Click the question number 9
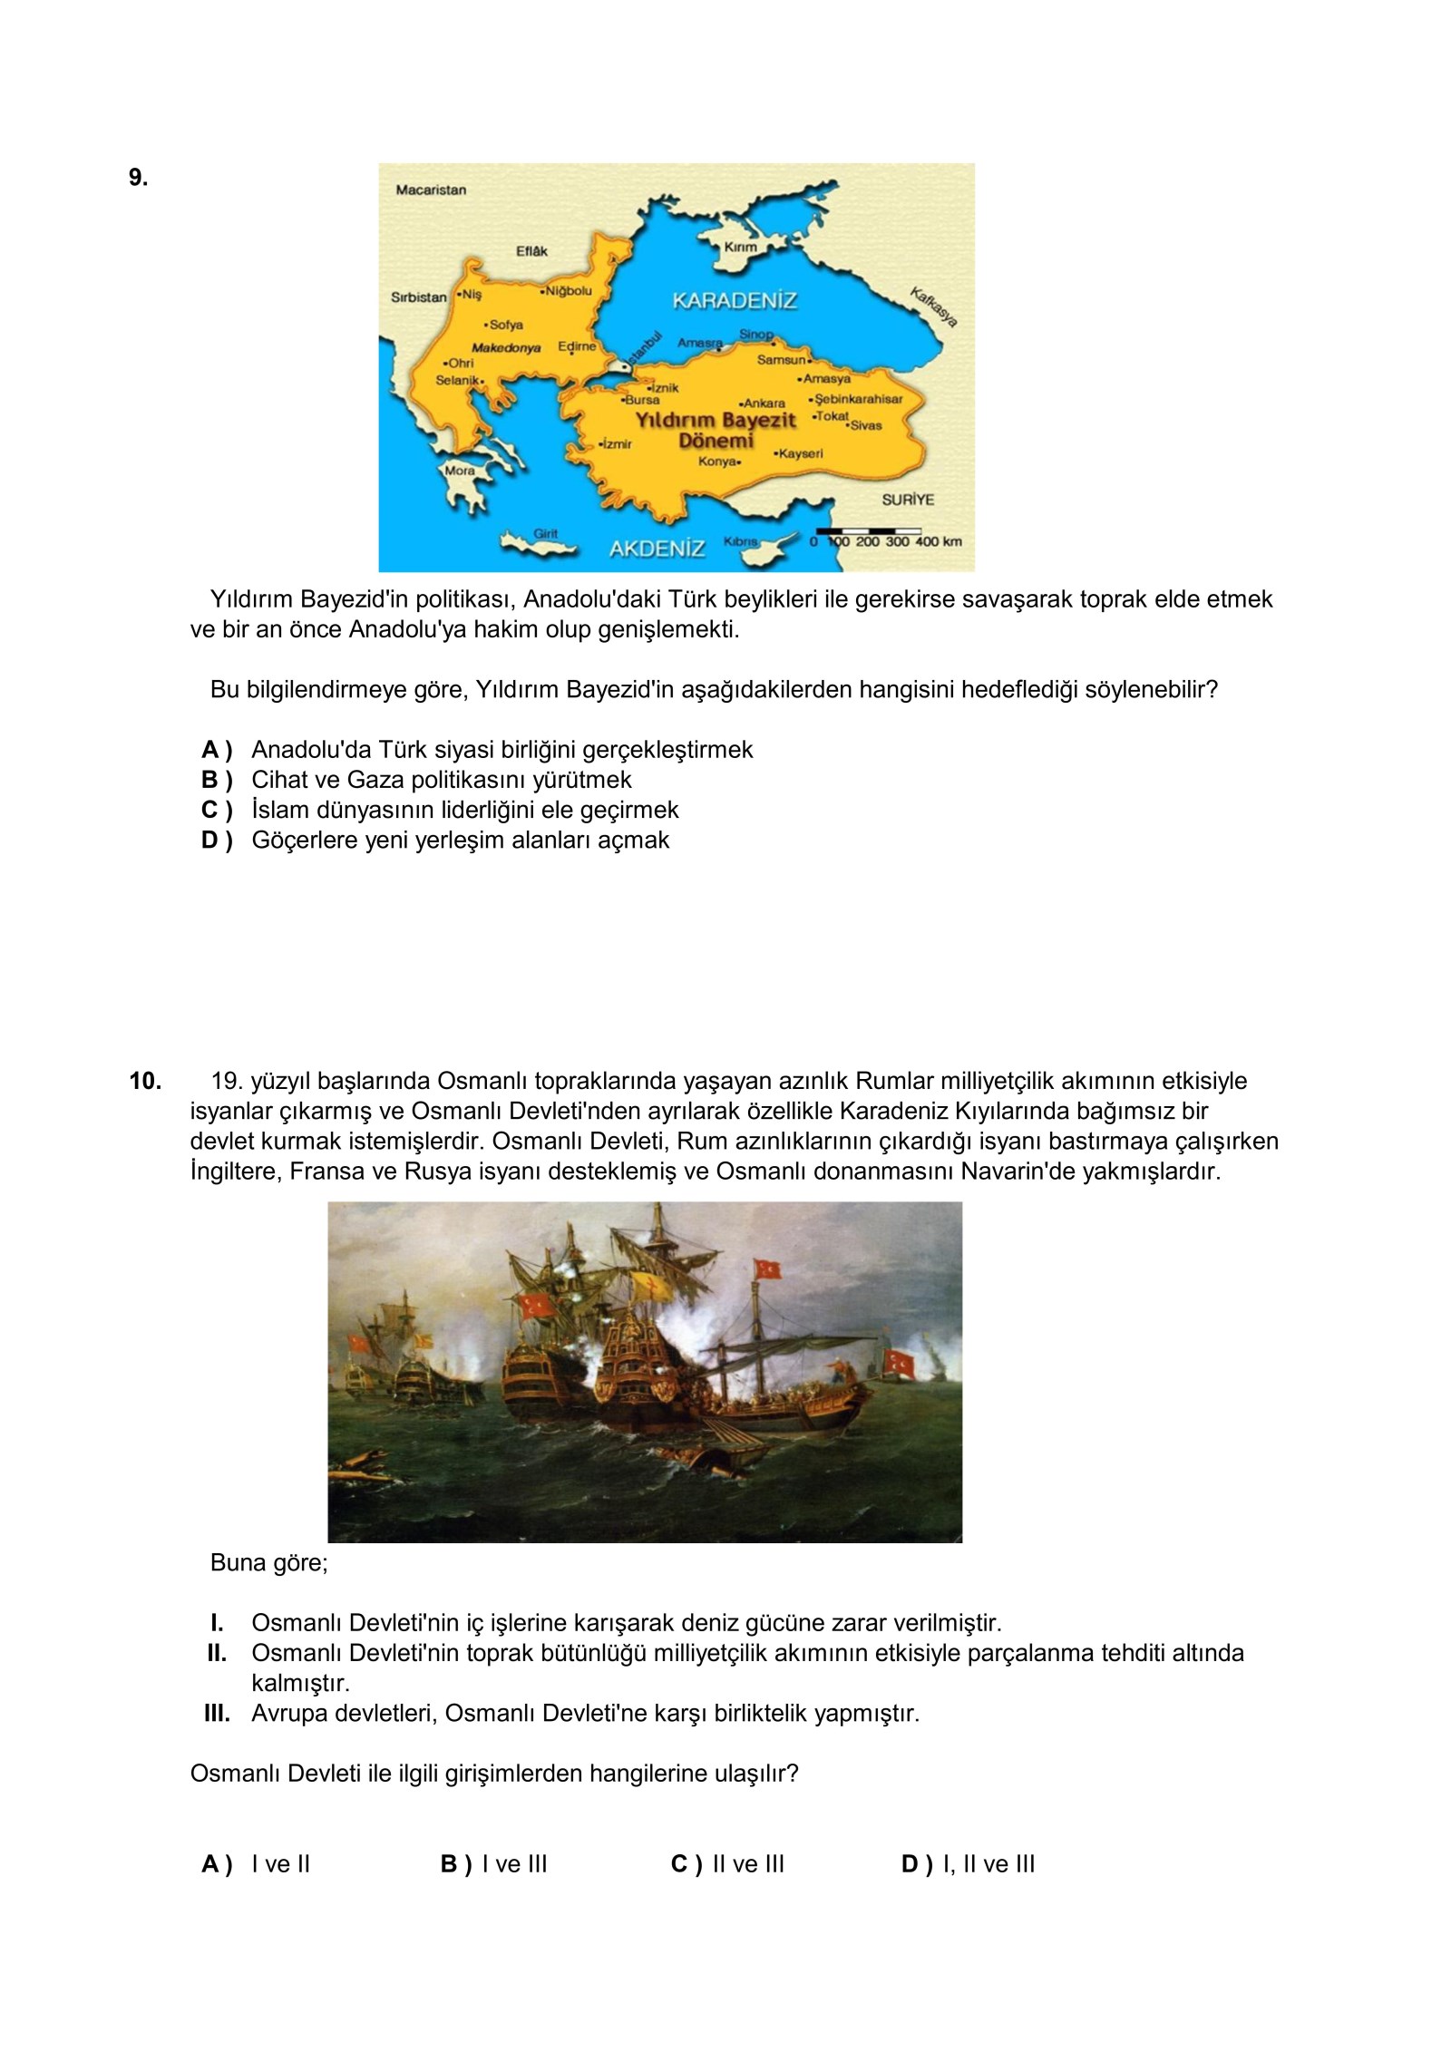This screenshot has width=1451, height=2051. point(138,178)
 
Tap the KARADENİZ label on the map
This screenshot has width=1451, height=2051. point(735,301)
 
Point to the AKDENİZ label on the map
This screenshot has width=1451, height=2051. point(657,549)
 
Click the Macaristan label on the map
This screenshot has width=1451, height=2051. point(431,190)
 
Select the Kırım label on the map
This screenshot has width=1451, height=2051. point(740,247)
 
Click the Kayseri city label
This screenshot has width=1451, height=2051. point(799,452)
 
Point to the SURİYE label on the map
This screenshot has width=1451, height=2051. point(908,500)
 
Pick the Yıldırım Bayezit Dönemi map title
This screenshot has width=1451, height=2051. point(716,431)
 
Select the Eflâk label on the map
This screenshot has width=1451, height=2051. point(531,251)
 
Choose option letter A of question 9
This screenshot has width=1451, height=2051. point(217,750)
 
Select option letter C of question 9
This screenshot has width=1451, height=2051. point(217,810)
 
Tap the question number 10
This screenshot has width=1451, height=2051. point(145,1081)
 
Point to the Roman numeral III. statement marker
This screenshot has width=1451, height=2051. point(217,1714)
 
